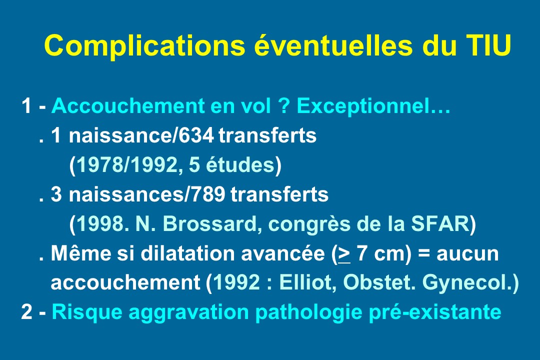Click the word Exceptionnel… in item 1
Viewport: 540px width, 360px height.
point(373,106)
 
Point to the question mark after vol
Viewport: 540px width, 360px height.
point(284,105)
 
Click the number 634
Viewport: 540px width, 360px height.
point(196,135)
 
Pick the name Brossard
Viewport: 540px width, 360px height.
point(209,224)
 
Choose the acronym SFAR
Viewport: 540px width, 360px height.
point(440,224)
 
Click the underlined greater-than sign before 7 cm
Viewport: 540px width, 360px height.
point(344,254)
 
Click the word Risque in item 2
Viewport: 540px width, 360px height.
point(87,313)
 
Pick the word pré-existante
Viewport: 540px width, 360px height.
point(434,312)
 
